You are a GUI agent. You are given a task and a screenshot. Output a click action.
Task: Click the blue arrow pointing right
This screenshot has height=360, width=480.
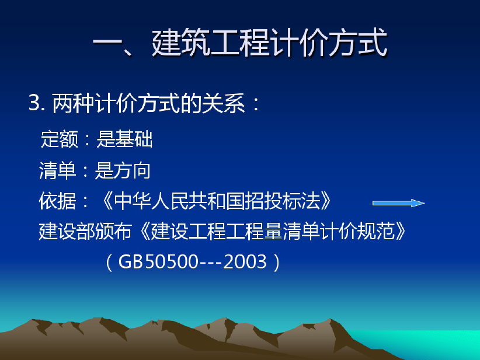398,203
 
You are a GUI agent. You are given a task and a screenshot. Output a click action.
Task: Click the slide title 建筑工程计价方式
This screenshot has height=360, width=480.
270,43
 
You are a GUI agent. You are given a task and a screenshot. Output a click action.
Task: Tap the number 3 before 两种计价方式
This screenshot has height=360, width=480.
34,103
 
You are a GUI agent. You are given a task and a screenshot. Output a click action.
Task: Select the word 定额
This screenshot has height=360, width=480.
60,139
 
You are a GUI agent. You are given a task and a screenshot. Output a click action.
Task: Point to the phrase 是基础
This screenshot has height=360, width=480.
124,139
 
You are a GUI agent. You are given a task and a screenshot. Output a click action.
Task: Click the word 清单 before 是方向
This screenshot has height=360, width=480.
57,170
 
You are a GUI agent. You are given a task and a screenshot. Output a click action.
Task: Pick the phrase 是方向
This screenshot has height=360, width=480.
123,170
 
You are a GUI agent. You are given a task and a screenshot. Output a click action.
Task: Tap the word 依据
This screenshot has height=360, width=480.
57,201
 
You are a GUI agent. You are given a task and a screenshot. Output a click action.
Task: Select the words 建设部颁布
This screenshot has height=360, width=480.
85,231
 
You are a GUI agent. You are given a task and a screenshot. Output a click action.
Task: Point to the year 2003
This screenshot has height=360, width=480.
245,262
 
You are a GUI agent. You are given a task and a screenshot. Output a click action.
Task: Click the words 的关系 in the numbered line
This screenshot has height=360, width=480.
213,103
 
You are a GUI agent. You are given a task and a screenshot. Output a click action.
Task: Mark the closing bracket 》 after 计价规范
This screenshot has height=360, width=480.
401,231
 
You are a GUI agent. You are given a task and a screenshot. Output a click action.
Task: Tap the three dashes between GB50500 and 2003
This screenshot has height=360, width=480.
211,263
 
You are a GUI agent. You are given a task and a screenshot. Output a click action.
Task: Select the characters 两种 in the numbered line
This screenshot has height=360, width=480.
73,103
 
